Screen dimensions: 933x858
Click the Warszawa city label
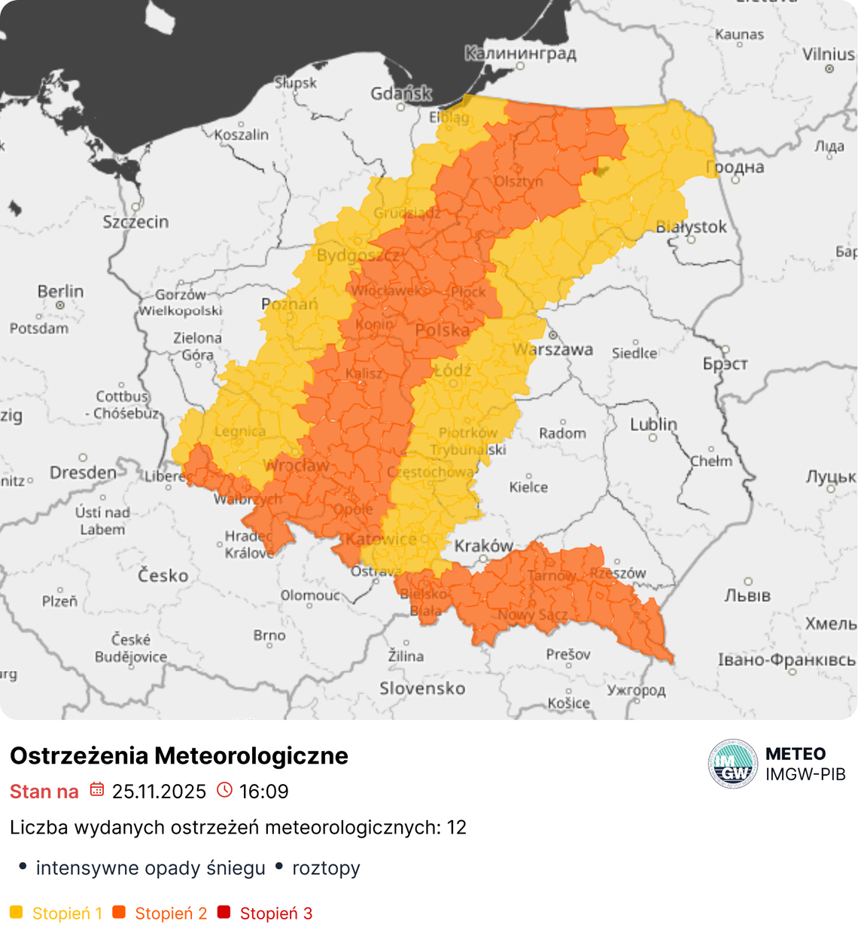[553, 349]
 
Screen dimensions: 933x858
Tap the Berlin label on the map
[60, 291]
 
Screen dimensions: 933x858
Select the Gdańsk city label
[401, 93]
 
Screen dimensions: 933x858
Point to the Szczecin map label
[135, 222]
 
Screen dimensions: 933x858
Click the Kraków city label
[483, 546]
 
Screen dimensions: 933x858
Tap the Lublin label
[653, 424]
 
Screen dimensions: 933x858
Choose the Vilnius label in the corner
[828, 54]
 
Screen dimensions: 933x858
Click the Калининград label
[520, 53]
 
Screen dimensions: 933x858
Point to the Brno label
[269, 636]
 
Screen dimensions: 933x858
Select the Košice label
[568, 703]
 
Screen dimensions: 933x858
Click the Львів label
[747, 595]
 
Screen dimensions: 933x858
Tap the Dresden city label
[83, 473]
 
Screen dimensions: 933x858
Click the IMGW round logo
[732, 764]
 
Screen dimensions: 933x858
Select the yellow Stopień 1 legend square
[17, 913]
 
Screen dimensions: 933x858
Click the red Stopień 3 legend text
[275, 913]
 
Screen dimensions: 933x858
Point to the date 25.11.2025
[159, 792]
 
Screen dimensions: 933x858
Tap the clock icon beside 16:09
[224, 790]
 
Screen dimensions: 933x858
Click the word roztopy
[326, 868]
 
